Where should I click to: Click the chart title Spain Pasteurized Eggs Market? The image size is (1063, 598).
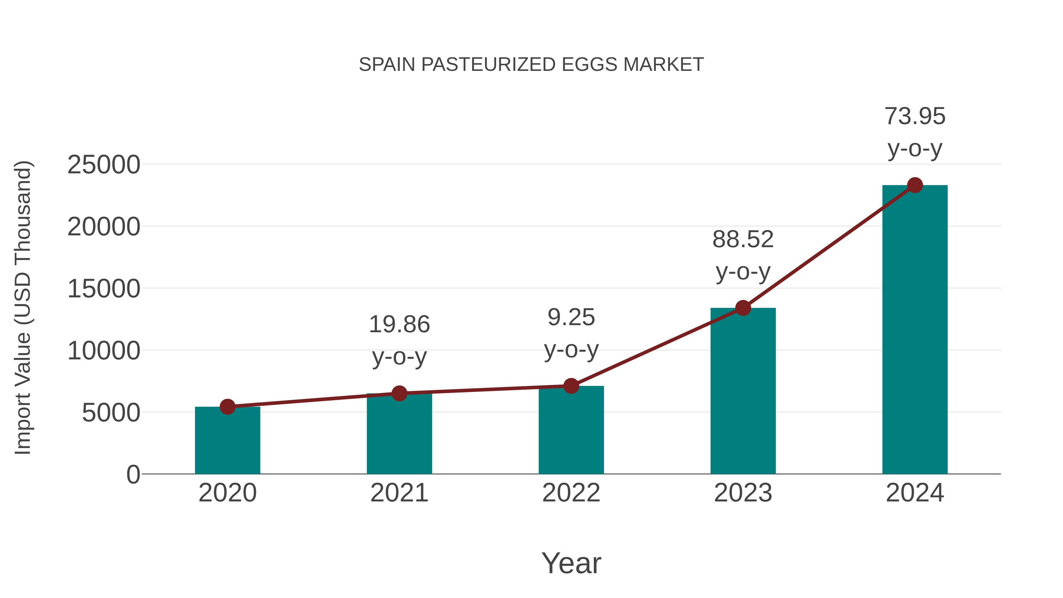click(x=531, y=65)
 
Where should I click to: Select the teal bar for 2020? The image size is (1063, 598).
click(x=227, y=441)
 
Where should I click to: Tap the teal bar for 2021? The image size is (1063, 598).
click(x=399, y=435)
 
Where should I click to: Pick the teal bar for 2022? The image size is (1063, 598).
click(x=571, y=431)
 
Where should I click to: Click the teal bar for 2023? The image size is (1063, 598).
click(x=743, y=392)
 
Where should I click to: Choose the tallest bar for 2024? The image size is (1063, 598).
click(x=915, y=330)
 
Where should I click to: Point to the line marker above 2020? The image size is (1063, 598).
click(x=227, y=407)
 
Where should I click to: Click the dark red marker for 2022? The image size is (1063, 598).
click(x=571, y=386)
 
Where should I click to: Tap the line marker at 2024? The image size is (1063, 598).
click(x=915, y=185)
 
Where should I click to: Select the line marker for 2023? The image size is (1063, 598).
click(x=743, y=308)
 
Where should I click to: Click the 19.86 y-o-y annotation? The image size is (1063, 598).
click(x=399, y=340)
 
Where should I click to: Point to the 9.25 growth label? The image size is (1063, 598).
click(x=571, y=333)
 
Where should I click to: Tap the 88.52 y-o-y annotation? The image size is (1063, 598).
click(x=743, y=255)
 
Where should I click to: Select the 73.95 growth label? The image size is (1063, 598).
click(x=915, y=132)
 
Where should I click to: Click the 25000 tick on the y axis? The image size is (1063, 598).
click(x=104, y=165)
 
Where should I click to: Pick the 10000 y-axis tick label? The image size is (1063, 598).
click(x=104, y=351)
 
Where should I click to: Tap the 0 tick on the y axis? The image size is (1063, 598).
click(x=133, y=475)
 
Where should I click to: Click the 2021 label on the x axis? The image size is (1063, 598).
click(x=399, y=493)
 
